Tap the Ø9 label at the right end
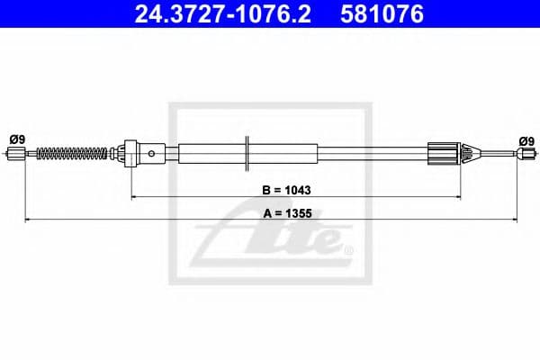[x=526, y=139]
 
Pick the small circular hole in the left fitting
[x=151, y=154]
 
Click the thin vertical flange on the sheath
[x=246, y=152]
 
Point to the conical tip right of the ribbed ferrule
[x=465, y=154]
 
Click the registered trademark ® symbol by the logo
[x=348, y=248]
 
